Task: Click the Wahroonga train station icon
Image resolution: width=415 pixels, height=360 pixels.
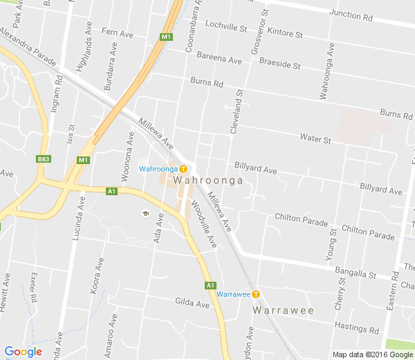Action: point(183,169)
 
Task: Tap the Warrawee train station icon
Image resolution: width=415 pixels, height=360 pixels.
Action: point(256,294)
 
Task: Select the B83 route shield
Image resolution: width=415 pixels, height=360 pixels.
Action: point(44,159)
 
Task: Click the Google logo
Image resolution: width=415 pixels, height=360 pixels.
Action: point(23,352)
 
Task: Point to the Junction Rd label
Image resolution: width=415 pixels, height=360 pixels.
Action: point(355,15)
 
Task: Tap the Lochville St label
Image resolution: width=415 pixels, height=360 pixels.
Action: point(225,28)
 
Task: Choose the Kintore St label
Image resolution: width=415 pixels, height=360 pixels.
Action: point(285,33)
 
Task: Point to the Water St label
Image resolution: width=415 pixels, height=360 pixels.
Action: point(315,139)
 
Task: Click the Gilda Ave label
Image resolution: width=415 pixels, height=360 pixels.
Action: point(192,303)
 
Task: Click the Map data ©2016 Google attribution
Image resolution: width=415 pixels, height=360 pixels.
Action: point(371,354)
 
